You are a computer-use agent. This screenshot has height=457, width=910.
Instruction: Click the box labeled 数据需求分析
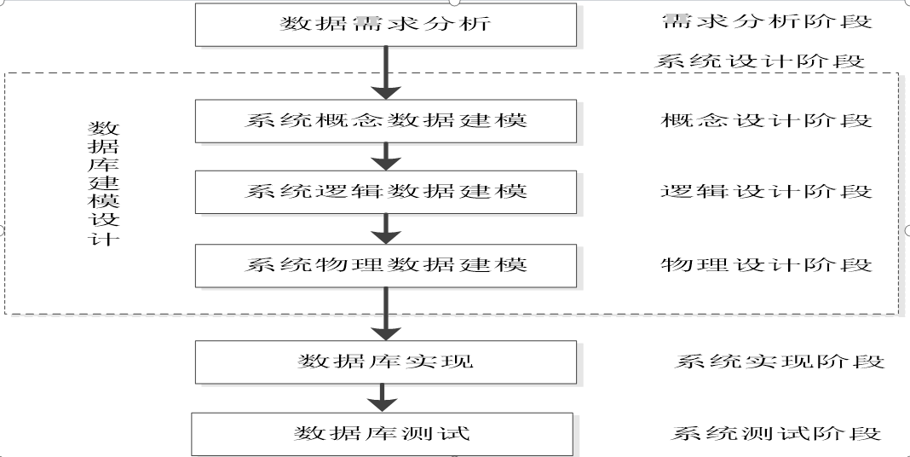coord(386,24)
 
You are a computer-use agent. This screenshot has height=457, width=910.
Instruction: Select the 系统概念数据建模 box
coord(386,120)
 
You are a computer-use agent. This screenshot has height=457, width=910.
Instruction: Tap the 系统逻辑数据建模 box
coord(386,192)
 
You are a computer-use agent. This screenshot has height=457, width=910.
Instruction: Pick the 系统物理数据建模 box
coord(386,265)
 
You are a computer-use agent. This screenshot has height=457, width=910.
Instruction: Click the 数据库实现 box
coord(386,362)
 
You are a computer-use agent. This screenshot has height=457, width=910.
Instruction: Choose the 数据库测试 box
coord(382,434)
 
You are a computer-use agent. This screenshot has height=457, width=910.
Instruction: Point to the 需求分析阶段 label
coord(767,22)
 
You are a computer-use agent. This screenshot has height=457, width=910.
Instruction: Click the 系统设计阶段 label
coord(760,61)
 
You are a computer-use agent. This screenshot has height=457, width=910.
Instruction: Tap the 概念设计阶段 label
coord(767,120)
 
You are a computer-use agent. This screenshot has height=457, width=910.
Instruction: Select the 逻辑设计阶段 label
coord(767,192)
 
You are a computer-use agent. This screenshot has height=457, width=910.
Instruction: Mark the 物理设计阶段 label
coord(767,265)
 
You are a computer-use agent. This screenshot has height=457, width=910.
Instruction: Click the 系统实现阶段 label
coord(780,362)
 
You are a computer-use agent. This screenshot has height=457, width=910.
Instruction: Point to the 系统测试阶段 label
coord(775,434)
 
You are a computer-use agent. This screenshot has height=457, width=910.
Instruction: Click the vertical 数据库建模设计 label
coord(104,183)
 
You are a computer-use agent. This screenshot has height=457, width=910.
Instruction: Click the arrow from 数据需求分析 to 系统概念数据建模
coord(387,72)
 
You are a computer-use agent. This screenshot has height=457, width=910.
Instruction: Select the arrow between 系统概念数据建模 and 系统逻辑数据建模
coord(387,156)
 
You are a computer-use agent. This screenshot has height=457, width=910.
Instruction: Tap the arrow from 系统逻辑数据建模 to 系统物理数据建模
coord(387,228)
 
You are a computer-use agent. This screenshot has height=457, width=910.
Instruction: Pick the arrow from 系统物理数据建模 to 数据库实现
coord(387,313)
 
